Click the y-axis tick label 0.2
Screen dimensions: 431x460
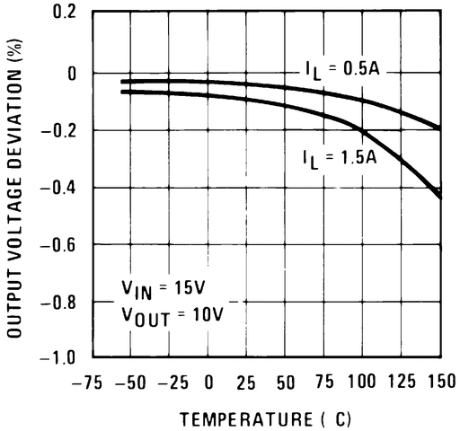(64, 14)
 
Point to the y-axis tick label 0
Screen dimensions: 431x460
(71, 73)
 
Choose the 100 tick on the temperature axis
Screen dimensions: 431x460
(364, 382)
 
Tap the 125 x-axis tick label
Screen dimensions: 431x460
(402, 382)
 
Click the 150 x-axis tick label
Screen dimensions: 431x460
(438, 382)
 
